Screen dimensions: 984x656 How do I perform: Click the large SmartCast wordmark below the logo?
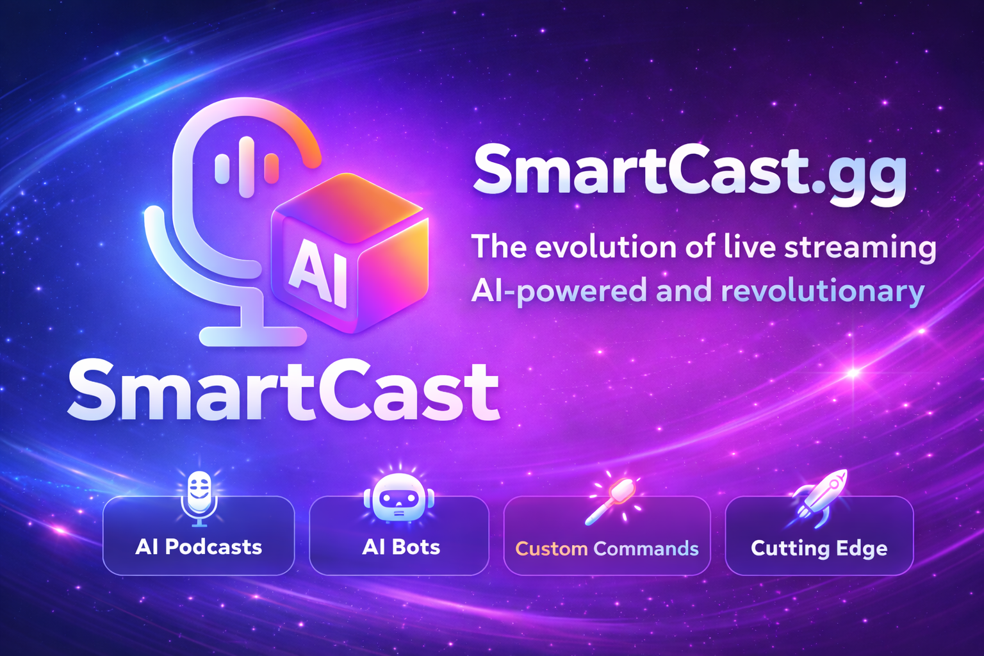pyautogui.click(x=284, y=389)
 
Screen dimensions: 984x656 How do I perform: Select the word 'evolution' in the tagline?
pyautogui.click(x=605, y=247)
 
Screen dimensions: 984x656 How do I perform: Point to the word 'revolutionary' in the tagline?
pyautogui.click(x=823, y=291)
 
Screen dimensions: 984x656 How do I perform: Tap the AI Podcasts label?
pyautogui.click(x=199, y=547)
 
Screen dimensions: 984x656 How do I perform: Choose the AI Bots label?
pyautogui.click(x=401, y=547)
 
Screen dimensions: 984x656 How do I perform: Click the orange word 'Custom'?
pyautogui.click(x=552, y=549)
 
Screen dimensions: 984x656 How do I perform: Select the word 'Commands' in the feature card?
pyautogui.click(x=646, y=549)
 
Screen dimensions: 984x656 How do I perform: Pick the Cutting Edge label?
pyautogui.click(x=819, y=549)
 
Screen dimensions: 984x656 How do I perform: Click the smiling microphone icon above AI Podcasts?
pyautogui.click(x=199, y=498)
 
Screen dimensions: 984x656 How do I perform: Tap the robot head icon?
pyautogui.click(x=399, y=498)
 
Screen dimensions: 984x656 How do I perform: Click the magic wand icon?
pyautogui.click(x=612, y=500)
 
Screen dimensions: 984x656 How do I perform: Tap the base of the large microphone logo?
pyautogui.click(x=253, y=336)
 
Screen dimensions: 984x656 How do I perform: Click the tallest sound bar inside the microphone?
pyautogui.click(x=247, y=167)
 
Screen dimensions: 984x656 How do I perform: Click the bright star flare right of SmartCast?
pyautogui.click(x=853, y=373)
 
